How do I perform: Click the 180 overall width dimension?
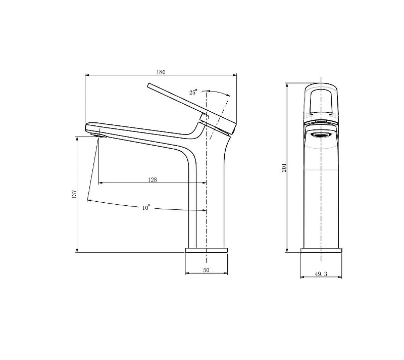(161, 72)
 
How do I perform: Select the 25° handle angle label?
(193, 92)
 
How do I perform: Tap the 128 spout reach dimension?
(153, 179)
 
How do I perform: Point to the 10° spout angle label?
(146, 207)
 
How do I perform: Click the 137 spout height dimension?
(74, 194)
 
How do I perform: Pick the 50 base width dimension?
(206, 270)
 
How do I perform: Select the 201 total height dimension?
(284, 168)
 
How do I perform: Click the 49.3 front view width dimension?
(321, 274)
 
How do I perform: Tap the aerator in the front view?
(321, 135)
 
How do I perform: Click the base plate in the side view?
(207, 250)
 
